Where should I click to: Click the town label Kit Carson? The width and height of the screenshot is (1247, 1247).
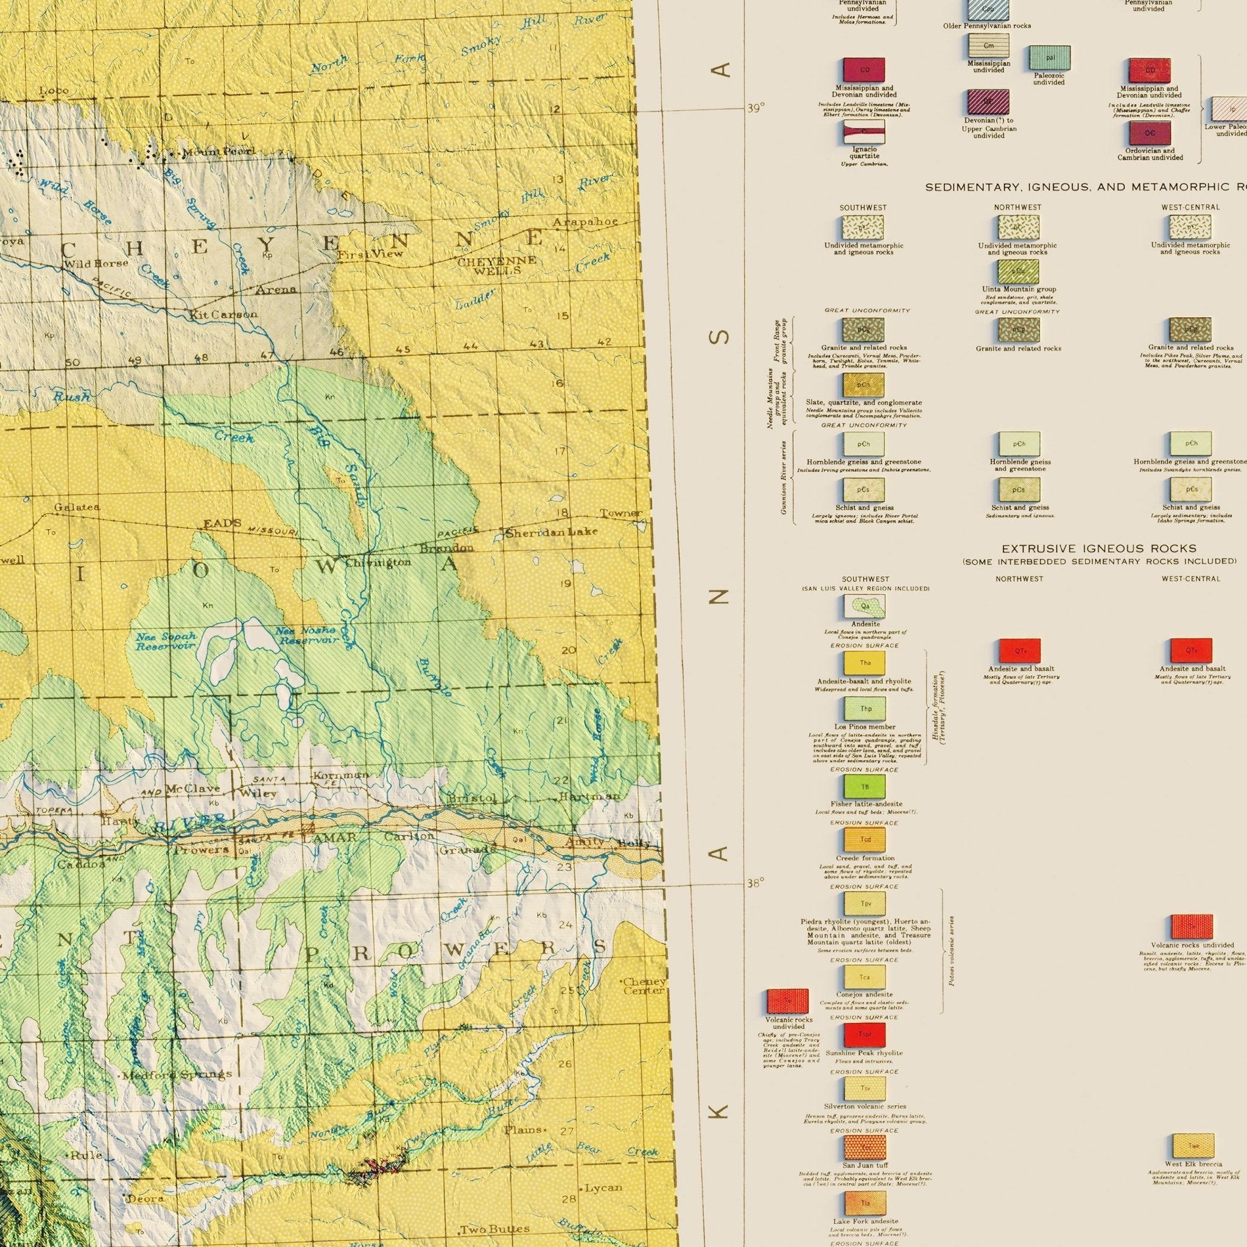[223, 315]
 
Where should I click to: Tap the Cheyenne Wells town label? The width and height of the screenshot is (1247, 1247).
[496, 265]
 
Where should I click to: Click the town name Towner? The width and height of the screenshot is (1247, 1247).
[621, 514]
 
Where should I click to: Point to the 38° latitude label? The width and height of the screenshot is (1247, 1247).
[756, 883]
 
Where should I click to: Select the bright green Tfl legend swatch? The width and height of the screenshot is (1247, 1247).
[865, 786]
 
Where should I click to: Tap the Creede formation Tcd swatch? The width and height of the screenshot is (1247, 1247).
[865, 840]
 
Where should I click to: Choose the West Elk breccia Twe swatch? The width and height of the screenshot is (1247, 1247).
[1193, 1146]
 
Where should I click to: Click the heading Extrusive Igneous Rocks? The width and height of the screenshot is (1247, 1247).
[1098, 549]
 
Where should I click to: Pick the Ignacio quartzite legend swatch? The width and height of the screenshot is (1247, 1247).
[863, 132]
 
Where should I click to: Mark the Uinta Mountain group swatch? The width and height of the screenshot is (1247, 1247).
[1018, 272]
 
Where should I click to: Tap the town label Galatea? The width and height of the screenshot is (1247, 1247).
[77, 507]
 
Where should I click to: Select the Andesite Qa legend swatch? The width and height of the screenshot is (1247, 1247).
[865, 606]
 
